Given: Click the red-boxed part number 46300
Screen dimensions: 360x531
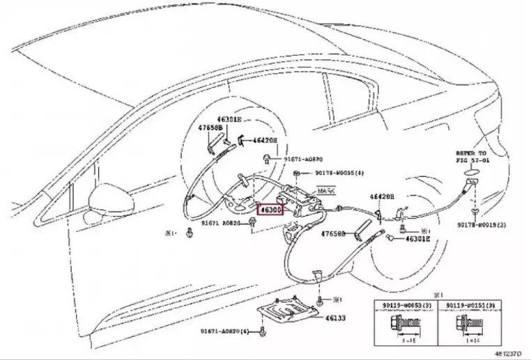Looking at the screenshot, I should point(269,209).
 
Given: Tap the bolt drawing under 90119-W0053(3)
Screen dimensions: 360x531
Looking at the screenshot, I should point(404,324).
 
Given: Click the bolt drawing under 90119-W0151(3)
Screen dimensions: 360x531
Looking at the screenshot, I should point(465,324).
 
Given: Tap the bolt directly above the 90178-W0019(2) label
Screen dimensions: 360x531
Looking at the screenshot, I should point(474,209).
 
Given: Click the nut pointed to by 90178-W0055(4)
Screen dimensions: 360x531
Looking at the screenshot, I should point(297,172).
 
